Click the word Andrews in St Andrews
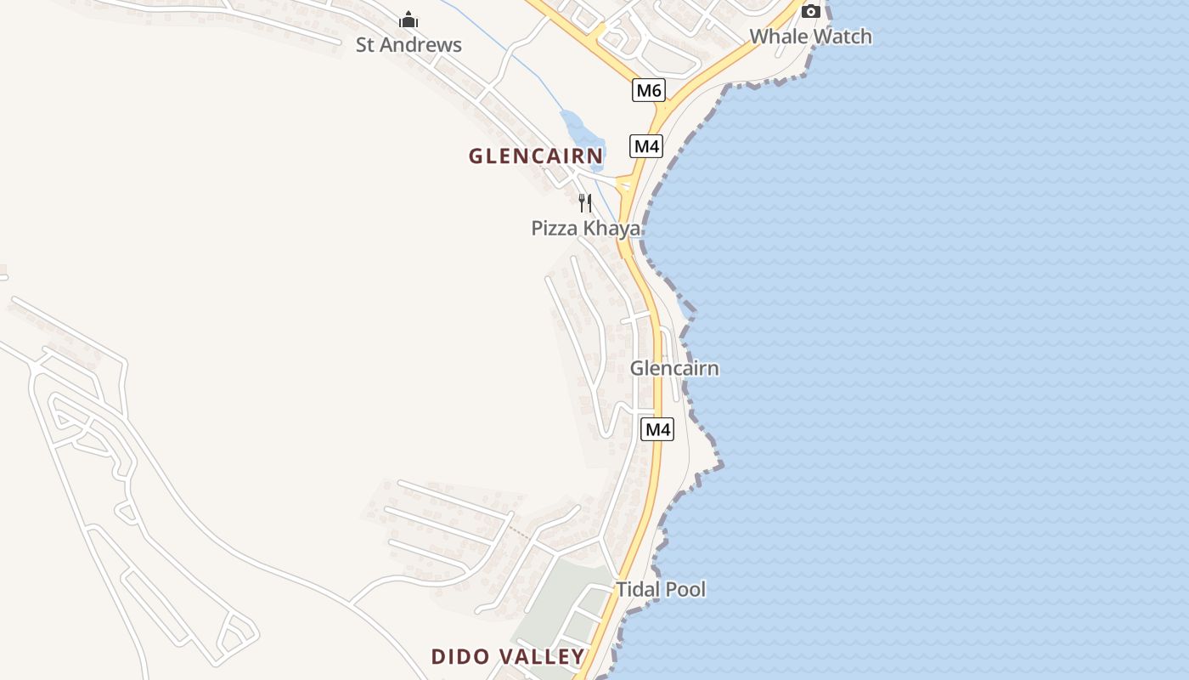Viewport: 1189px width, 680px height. (x=421, y=45)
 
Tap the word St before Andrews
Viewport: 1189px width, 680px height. (x=365, y=45)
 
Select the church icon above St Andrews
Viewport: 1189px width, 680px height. (x=409, y=20)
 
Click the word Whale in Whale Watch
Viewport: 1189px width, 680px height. (x=777, y=37)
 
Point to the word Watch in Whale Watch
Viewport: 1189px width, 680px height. (x=841, y=37)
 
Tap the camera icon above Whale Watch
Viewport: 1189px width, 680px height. (x=811, y=11)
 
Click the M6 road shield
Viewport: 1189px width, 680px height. (x=648, y=90)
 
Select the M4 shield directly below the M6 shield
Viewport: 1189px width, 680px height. (x=646, y=146)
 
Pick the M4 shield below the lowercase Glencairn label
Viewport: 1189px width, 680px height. (x=657, y=429)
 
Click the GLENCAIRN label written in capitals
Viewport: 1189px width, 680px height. (x=536, y=156)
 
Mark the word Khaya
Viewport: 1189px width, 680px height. (x=611, y=228)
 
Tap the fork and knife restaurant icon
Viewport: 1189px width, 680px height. (x=584, y=202)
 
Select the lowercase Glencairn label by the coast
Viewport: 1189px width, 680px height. (x=674, y=368)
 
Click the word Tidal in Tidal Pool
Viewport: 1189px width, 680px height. (x=639, y=589)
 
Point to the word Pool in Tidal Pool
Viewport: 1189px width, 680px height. (x=685, y=589)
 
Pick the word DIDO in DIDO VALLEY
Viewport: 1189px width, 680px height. (x=461, y=656)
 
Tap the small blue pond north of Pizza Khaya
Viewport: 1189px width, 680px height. (x=581, y=132)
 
